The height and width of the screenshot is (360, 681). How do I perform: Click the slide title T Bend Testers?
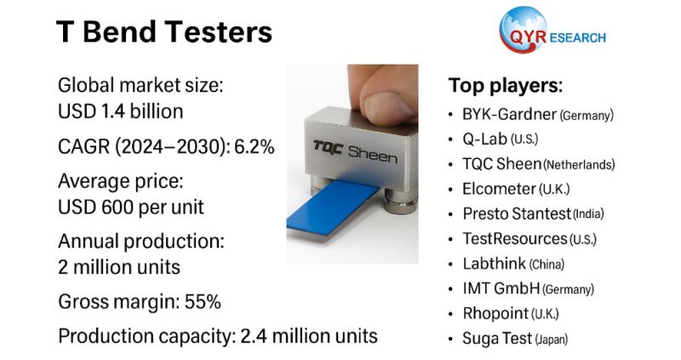tap(164, 32)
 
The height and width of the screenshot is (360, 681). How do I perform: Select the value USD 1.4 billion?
tap(120, 111)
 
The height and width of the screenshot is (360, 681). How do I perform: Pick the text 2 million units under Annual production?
tap(118, 266)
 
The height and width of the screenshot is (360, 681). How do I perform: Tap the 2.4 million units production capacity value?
tap(306, 335)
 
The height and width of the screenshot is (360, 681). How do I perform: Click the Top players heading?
tap(506, 86)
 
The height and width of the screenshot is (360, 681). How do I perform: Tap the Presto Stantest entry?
tap(516, 214)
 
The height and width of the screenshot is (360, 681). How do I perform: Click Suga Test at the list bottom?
tap(497, 339)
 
